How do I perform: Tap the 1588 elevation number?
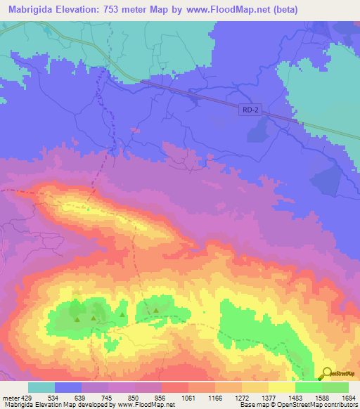321,397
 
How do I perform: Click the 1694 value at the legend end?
348,397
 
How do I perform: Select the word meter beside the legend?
11,397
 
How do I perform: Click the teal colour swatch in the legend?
41,387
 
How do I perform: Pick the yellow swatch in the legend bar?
282,387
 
